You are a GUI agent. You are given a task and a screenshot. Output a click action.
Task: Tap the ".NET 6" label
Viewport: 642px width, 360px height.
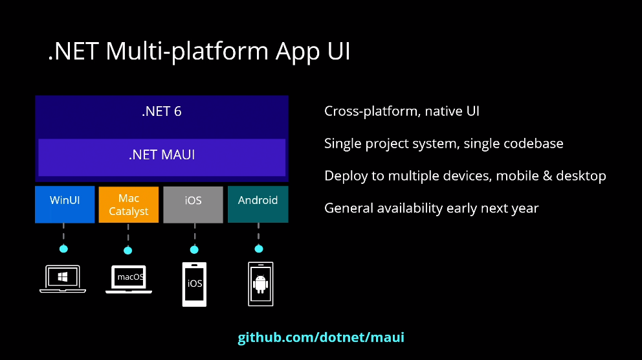tap(162, 111)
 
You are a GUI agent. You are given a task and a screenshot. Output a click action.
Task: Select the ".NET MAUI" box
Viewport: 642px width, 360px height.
tap(162, 156)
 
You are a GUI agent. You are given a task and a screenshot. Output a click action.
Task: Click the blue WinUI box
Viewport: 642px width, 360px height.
tap(65, 204)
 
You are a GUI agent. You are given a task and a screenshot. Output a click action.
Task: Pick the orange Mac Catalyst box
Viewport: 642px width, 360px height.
tap(128, 204)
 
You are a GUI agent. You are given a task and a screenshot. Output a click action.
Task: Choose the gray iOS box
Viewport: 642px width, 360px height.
tap(194, 204)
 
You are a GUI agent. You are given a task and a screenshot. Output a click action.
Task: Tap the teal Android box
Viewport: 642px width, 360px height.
tap(258, 204)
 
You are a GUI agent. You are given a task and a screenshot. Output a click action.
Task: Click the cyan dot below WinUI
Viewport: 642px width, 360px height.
tap(63, 249)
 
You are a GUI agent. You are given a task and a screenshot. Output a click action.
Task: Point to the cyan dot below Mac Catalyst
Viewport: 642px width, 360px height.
tap(127, 250)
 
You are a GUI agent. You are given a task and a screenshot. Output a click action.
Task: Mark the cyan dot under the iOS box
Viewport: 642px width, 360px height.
tap(194, 249)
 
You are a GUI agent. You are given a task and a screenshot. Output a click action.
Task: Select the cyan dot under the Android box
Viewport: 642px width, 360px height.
tap(259, 249)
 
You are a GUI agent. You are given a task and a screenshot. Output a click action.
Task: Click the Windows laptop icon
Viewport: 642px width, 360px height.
tap(63, 279)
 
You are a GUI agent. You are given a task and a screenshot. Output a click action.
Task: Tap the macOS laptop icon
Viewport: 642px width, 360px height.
tap(129, 279)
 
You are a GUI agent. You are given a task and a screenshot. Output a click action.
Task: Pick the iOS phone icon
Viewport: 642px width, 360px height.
tap(195, 284)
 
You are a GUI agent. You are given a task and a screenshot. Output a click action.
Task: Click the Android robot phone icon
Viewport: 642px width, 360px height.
tap(261, 284)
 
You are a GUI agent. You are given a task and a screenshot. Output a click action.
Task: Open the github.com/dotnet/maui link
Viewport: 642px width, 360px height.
tap(321, 337)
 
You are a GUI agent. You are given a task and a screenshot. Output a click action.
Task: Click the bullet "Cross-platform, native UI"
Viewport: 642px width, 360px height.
tap(402, 111)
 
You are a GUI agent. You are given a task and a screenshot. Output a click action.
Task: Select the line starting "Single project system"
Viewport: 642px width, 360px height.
tap(443, 143)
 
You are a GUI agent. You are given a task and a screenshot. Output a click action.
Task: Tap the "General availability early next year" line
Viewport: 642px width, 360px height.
tap(431, 208)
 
